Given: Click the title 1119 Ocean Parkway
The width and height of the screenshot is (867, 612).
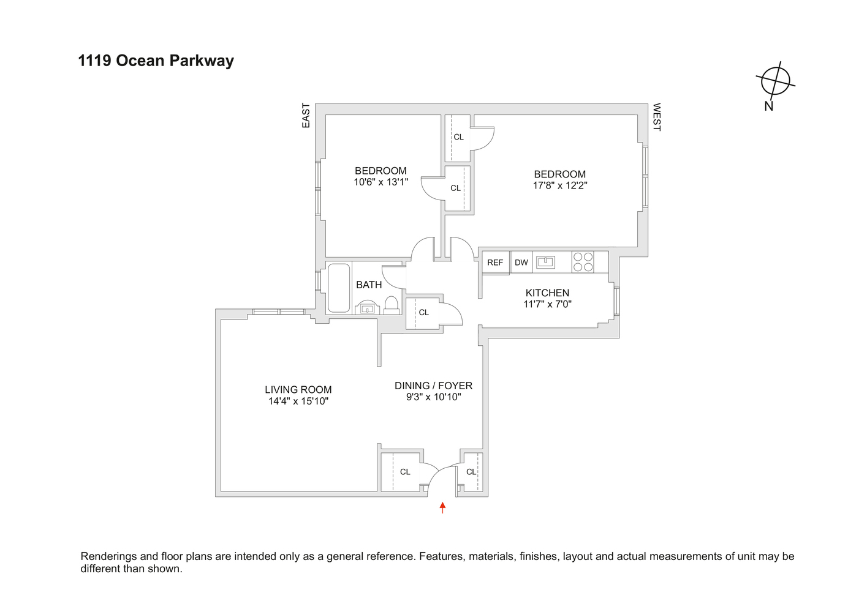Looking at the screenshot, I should coord(156,61).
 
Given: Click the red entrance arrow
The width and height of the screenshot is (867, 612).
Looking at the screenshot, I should coord(442,507).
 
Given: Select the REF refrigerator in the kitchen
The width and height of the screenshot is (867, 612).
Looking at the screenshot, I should coord(495,263).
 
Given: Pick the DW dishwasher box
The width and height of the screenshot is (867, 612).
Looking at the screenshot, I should coord(521,263).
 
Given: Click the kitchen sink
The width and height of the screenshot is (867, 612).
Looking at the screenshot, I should coord(545,262).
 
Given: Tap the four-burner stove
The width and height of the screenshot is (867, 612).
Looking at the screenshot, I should coord(583,262).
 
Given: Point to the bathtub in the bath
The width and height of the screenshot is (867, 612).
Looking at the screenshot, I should coord(339,288).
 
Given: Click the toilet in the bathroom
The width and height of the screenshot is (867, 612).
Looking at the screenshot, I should coord(392,304).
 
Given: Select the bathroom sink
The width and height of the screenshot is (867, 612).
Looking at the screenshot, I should coord(367,308).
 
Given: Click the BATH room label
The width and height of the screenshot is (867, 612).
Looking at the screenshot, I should coord(369,285).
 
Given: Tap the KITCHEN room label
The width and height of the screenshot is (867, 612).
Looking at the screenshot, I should coord(547,293).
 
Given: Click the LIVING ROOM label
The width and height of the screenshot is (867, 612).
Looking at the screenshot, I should coord(298,390).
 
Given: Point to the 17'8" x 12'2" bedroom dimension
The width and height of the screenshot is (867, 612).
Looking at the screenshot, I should coord(559,185).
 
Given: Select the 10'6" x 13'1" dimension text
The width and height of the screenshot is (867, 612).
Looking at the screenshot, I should coord(380,182).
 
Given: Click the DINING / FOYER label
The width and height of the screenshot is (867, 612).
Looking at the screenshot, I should coord(433,386).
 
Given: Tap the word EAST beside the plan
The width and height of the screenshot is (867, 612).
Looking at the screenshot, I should coord(306,116).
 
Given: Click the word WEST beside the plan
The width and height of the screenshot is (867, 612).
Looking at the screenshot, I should coord(656,117).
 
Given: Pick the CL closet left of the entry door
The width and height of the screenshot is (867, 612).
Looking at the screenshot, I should coord(404,472).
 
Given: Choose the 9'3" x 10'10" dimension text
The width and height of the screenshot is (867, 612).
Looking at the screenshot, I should coord(433,397).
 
